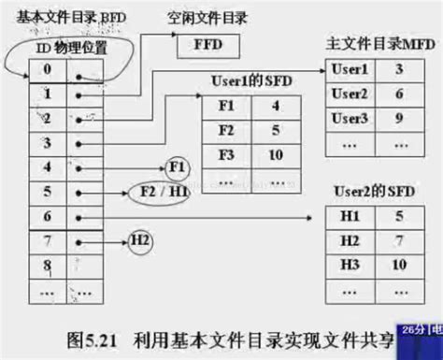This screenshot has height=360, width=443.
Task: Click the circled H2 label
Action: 139,242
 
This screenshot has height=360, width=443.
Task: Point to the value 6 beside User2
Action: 398,94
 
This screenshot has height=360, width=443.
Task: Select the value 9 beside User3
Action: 398,118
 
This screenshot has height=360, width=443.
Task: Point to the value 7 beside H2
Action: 398,241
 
